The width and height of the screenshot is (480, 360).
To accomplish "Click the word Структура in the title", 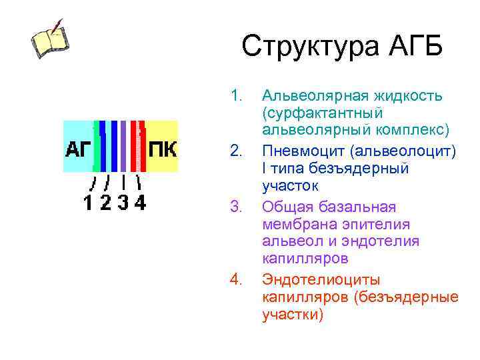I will (x=307, y=47).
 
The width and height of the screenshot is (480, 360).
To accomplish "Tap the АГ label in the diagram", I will (x=79, y=148).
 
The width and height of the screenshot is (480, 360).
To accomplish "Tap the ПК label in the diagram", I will (x=162, y=148).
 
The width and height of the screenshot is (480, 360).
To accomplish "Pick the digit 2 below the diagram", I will (x=105, y=202).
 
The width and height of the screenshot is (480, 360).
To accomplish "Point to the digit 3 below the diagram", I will (x=123, y=202).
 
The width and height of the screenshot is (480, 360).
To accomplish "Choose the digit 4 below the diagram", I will (x=140, y=202).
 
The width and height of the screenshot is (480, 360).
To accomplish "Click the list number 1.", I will (x=235, y=96).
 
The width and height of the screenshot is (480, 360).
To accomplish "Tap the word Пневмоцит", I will (x=299, y=151).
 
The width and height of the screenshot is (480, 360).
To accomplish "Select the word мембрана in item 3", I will (x=293, y=225).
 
